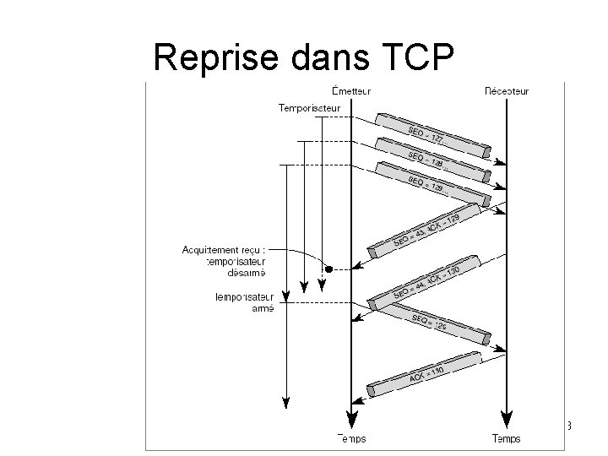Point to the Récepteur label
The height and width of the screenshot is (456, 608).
click(506, 90)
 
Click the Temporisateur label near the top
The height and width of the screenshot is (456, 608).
click(309, 107)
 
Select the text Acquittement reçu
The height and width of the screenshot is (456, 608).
click(223, 249)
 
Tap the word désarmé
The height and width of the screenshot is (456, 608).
click(247, 273)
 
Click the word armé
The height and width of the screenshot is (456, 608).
click(263, 308)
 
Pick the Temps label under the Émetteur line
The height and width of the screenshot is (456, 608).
click(351, 438)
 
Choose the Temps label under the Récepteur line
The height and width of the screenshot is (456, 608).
click(506, 438)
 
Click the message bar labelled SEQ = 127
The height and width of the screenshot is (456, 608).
click(431, 135)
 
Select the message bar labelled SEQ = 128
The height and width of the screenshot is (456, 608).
click(431, 160)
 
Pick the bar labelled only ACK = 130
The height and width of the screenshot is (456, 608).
click(426, 372)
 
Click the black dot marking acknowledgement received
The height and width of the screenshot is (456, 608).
click(329, 269)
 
